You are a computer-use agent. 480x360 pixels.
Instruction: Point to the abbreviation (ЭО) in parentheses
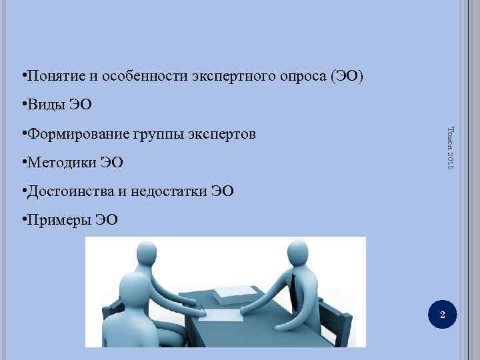[x=347, y=75]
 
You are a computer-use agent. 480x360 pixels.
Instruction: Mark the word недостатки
[x=170, y=193]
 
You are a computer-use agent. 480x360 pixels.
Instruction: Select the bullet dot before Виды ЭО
[x=23, y=104]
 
